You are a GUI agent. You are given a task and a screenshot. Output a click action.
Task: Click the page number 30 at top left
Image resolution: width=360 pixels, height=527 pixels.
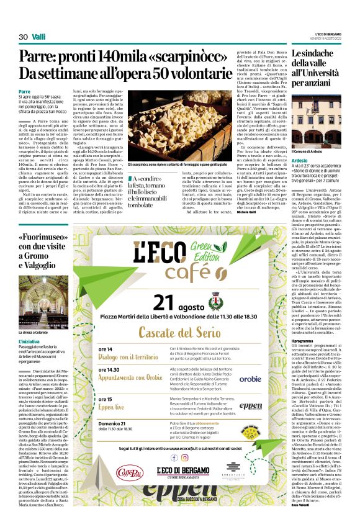[24, 37]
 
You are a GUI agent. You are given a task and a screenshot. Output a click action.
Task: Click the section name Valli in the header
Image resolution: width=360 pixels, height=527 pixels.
[39, 37]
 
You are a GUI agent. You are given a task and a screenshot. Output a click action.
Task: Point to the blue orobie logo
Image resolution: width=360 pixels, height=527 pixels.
[251, 378]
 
